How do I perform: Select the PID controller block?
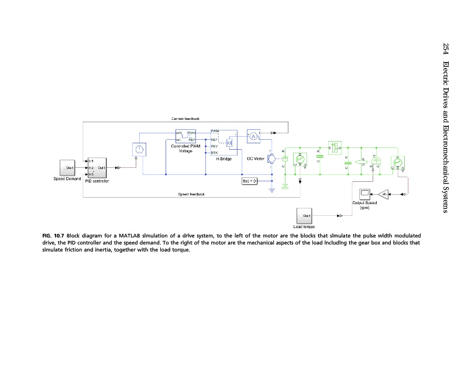(97, 167)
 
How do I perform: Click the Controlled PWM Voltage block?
(186, 136)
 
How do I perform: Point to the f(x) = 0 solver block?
(250, 181)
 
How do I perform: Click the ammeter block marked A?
(254, 136)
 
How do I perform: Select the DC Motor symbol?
(271, 159)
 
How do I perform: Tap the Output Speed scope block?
(365, 193)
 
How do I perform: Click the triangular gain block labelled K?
(384, 193)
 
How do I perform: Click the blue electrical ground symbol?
(271, 188)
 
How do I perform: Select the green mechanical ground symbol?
(285, 187)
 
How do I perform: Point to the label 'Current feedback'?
(185, 119)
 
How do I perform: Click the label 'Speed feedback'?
(191, 194)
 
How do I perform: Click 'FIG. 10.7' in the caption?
(54, 235)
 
